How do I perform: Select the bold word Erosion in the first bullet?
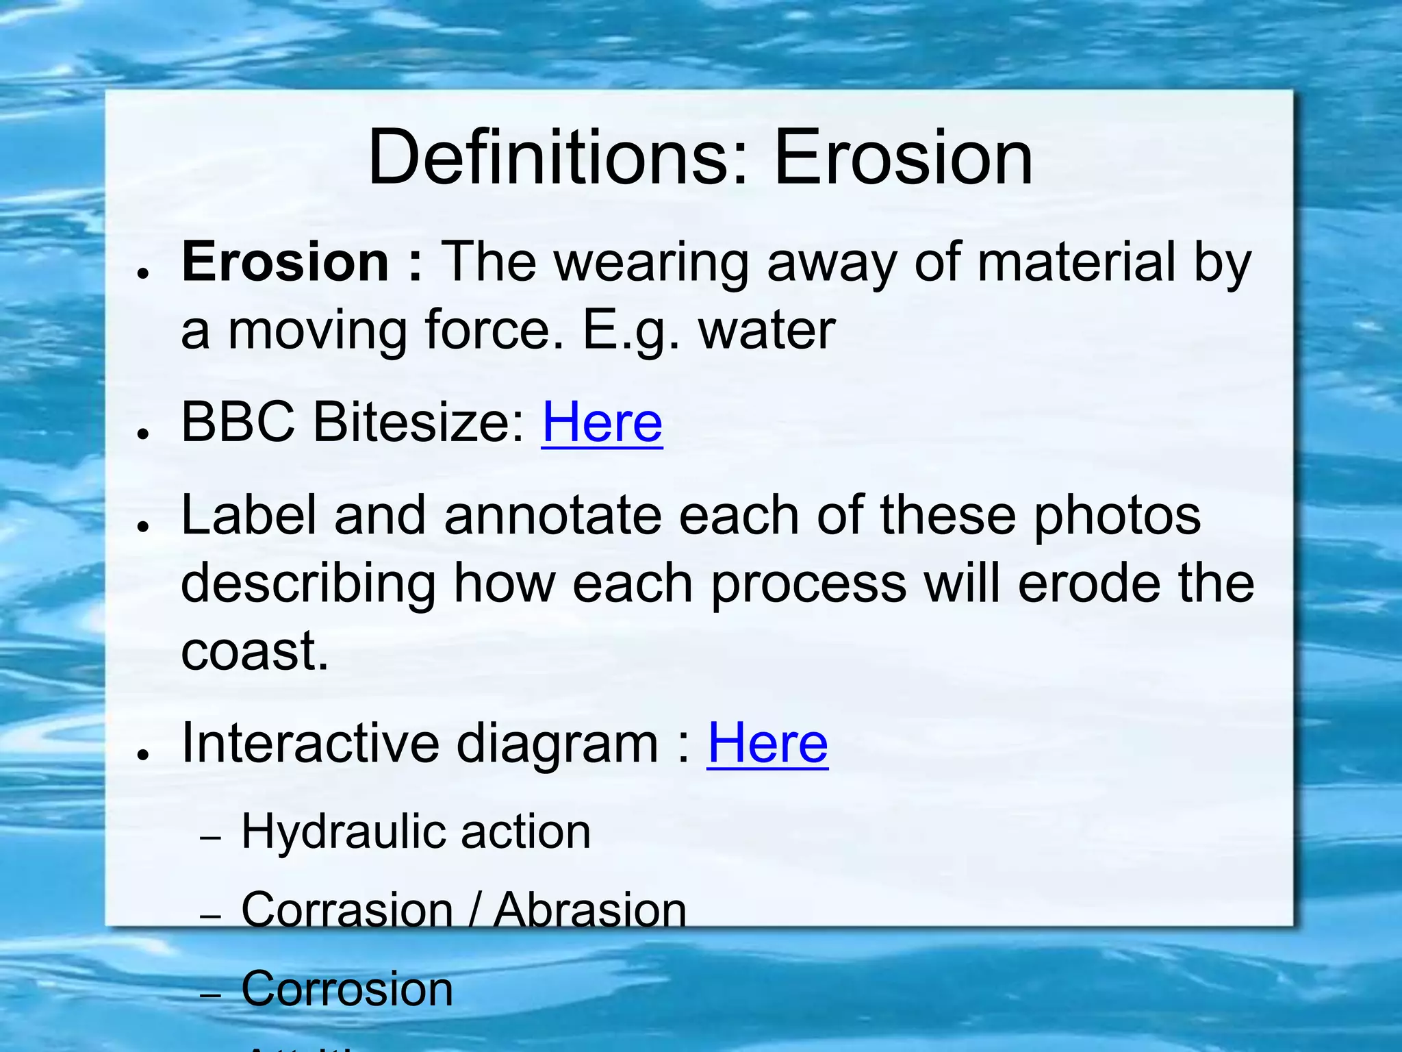[285, 262]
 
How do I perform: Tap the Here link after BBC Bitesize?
[602, 423]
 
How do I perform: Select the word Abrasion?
[589, 911]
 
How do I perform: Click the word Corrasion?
[347, 911]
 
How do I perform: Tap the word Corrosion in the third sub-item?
[347, 989]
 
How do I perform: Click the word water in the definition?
[767, 331]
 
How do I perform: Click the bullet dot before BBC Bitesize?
[143, 434]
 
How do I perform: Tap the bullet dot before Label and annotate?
[143, 526]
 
